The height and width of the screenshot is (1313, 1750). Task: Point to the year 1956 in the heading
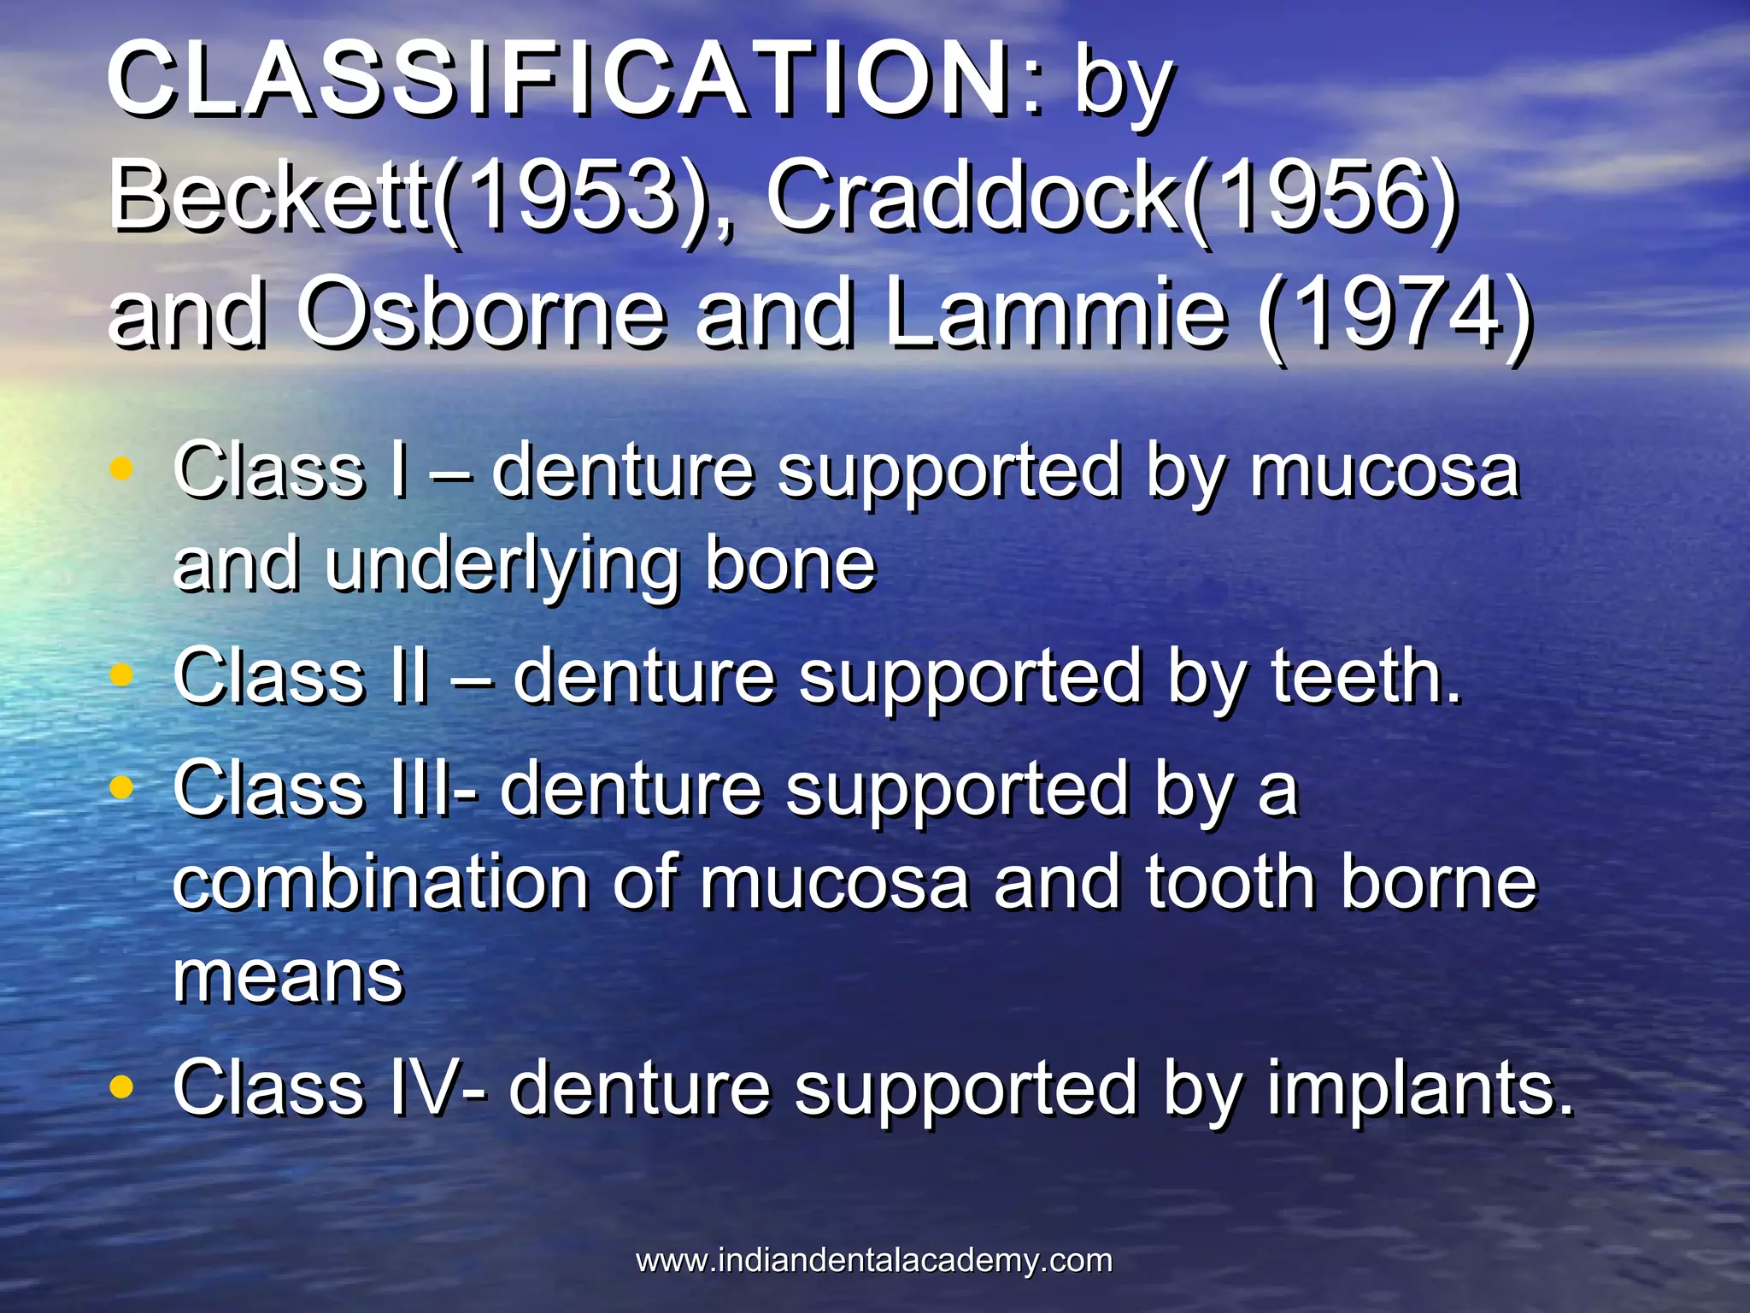point(1320,196)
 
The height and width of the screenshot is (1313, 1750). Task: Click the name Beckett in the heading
point(270,196)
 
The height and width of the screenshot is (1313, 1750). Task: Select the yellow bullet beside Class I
point(122,468)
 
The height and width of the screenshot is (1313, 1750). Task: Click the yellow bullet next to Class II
point(122,675)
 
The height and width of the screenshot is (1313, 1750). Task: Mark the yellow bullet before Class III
point(122,788)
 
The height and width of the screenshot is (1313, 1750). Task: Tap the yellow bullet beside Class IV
point(122,1086)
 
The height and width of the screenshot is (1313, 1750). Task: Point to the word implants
point(1418,1088)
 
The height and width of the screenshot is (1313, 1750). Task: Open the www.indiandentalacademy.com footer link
point(874,1260)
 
